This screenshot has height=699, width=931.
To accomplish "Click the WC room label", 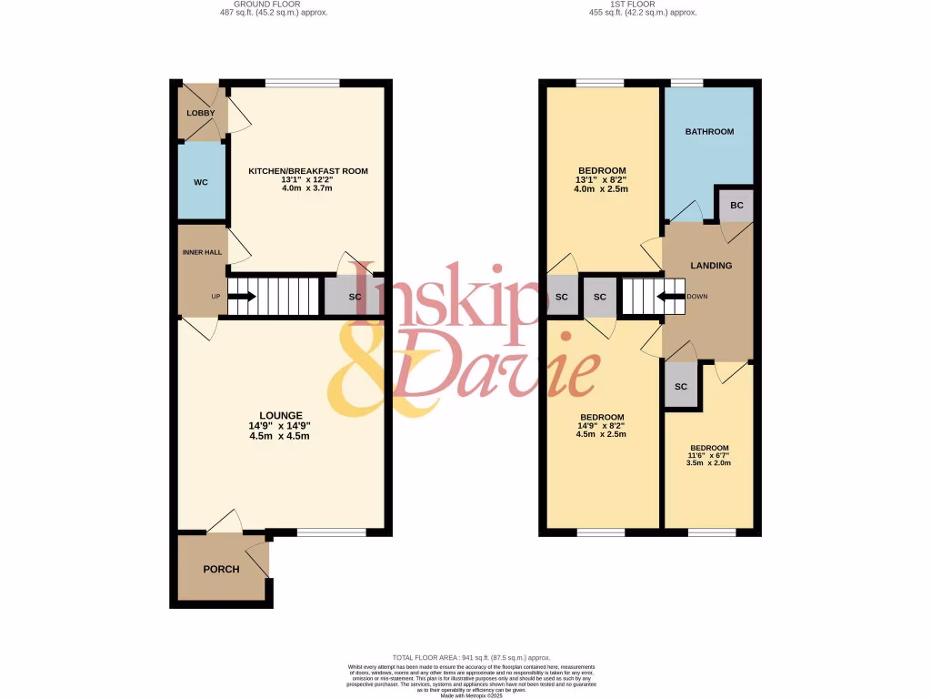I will click(x=201, y=182).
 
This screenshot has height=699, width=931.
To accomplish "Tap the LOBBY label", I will click(x=200, y=114).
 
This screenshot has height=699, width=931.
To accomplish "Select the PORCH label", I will click(x=221, y=570).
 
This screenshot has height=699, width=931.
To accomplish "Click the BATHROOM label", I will click(x=709, y=132).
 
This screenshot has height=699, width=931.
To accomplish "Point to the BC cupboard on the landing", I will click(x=736, y=206).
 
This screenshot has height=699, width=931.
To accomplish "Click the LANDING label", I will click(x=711, y=266).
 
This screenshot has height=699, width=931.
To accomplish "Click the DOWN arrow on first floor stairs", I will click(x=672, y=296).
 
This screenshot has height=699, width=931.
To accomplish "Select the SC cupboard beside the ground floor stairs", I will click(x=342, y=297).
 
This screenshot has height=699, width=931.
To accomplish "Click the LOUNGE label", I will click(x=280, y=415).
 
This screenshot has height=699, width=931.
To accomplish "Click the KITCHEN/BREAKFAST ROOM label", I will click(x=308, y=171).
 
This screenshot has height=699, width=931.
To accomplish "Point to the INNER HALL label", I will click(x=201, y=252).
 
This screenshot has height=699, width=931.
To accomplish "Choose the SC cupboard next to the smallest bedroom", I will click(x=681, y=387).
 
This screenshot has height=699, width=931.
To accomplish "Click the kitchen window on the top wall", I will click(x=302, y=83).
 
